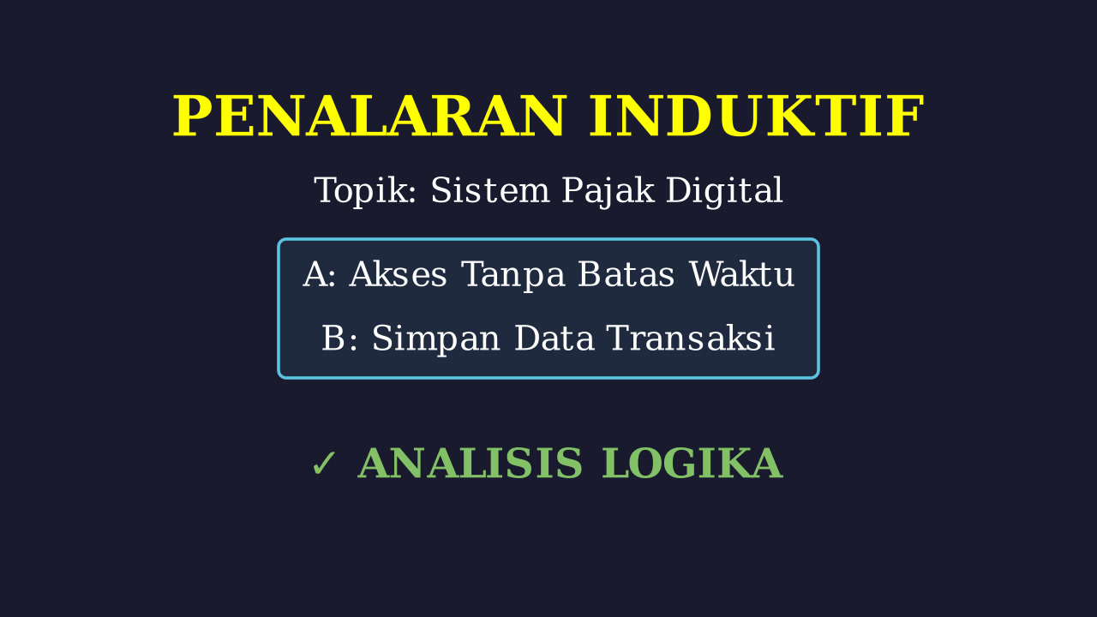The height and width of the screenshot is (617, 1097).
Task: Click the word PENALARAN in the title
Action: pyautogui.click(x=369, y=116)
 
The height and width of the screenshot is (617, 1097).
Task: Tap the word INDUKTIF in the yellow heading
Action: pyautogui.click(x=757, y=116)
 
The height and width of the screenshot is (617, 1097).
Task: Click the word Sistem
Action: pyautogui.click(x=490, y=190)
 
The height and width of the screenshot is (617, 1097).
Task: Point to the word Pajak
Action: pyautogui.click(x=608, y=191)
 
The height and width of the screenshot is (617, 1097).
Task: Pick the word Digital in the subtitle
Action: pyautogui.click(x=724, y=191)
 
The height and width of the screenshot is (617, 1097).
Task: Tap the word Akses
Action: pyautogui.click(x=398, y=274)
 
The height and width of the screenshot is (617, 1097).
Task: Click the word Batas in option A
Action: pyautogui.click(x=626, y=274)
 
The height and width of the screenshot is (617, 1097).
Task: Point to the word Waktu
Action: pyautogui.click(x=741, y=274)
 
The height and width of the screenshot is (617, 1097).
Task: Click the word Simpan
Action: pyautogui.click(x=436, y=339)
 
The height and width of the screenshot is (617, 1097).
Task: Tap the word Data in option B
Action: pyautogui.click(x=554, y=338)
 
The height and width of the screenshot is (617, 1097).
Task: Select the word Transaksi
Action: pyautogui.click(x=691, y=338)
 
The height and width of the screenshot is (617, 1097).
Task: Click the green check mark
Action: pyautogui.click(x=323, y=464)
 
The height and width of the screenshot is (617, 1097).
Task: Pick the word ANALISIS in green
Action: pyautogui.click(x=471, y=464)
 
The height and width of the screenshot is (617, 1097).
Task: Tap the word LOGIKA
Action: pyautogui.click(x=692, y=464)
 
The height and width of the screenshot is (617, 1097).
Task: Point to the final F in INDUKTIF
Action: pyautogui.click(x=908, y=116)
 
